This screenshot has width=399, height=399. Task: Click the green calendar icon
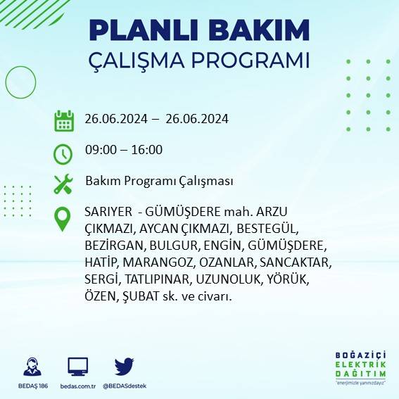coord(64,120)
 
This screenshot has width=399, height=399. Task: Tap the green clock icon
coord(63,152)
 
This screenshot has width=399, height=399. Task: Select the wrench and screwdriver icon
coord(63,184)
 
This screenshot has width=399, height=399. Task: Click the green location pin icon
coord(63,218)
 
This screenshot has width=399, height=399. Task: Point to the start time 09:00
coord(100,150)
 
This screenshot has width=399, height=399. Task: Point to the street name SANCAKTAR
coord(296,263)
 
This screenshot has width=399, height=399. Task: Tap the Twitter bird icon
coord(125,366)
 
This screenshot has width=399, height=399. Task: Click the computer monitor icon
coord(77,367)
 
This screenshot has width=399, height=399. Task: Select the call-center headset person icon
coord(32,367)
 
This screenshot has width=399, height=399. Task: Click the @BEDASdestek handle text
coord(125,386)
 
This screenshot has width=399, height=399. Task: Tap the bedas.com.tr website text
coord(77,386)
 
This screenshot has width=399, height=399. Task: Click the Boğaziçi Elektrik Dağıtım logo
coord(360,367)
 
